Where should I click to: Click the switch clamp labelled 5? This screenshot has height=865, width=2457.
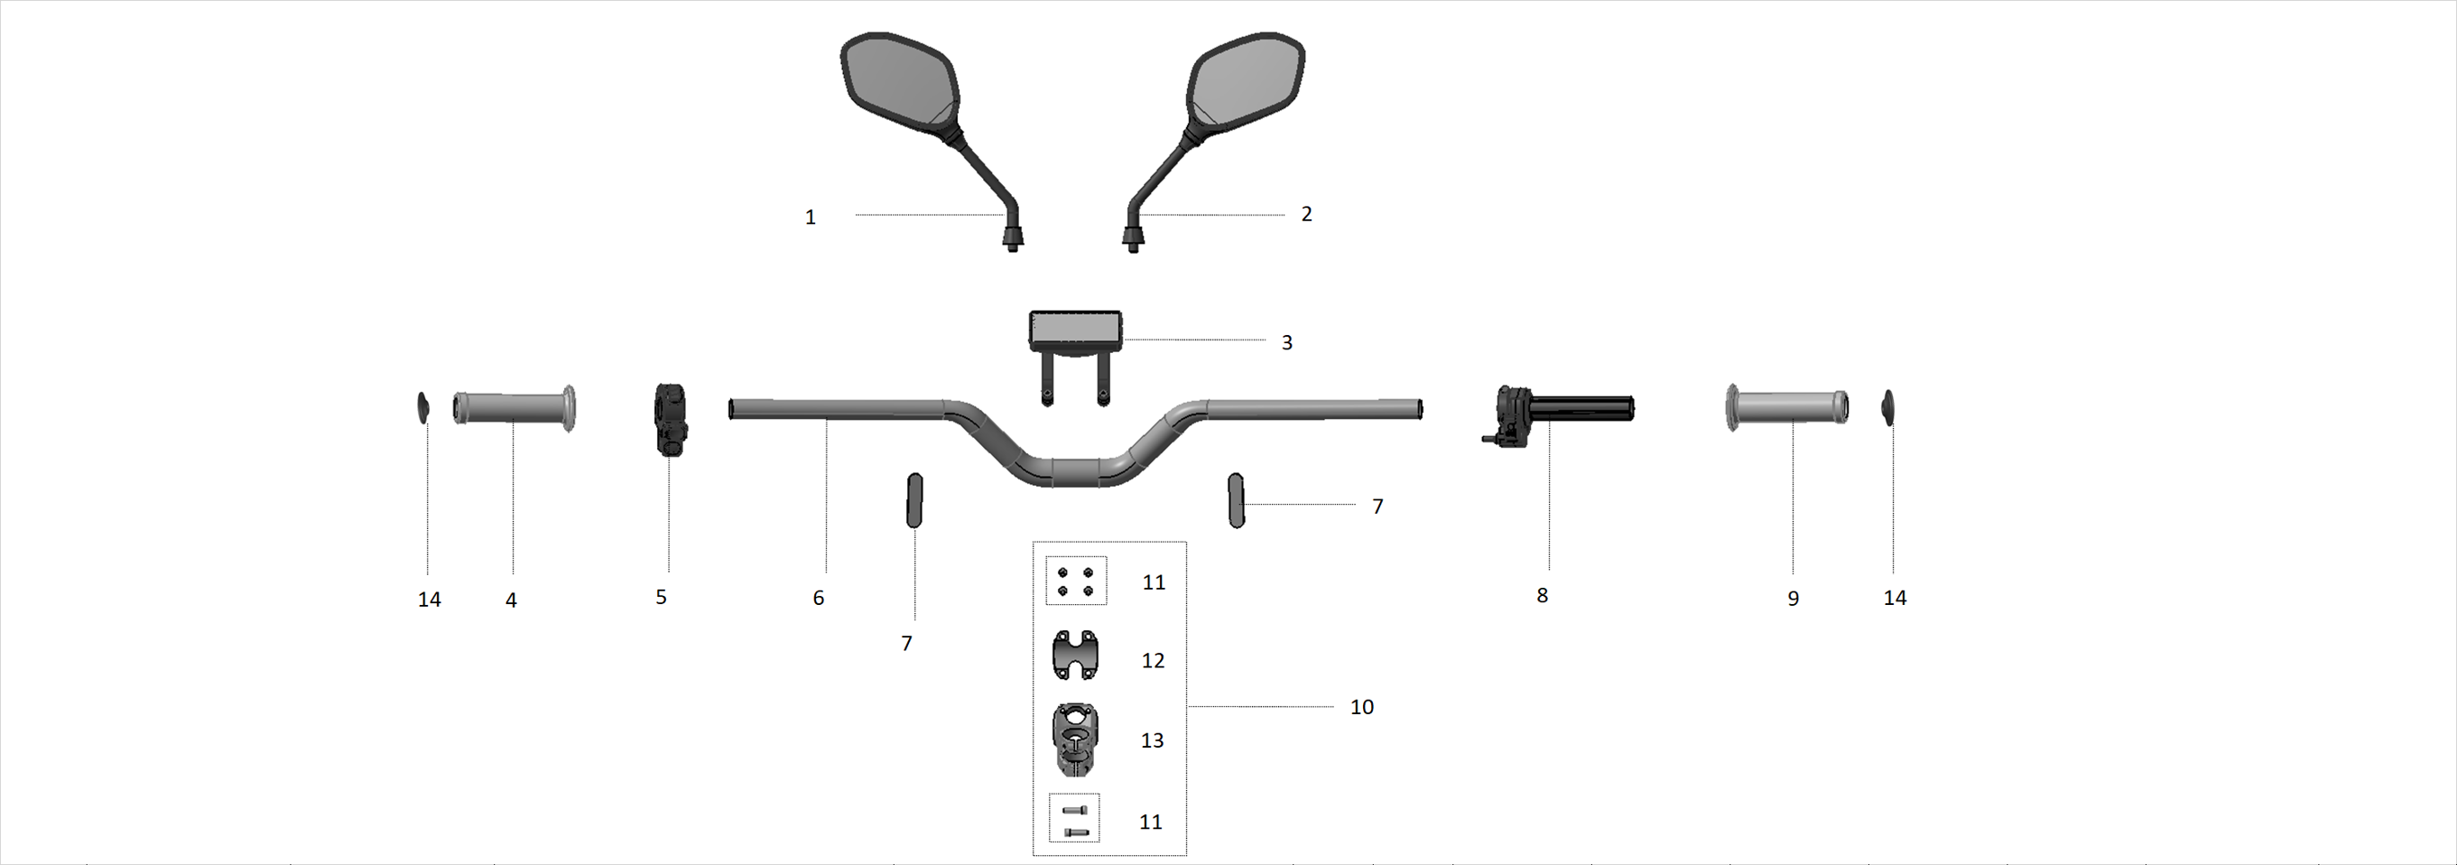coord(670,420)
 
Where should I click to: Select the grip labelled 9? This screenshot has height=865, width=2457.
coord(1787,407)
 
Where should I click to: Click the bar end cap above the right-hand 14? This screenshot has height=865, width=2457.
coord(1887,406)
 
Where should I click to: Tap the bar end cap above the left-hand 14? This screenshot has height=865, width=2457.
coord(423,407)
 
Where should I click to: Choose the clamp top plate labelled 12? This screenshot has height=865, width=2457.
coord(1075,656)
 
